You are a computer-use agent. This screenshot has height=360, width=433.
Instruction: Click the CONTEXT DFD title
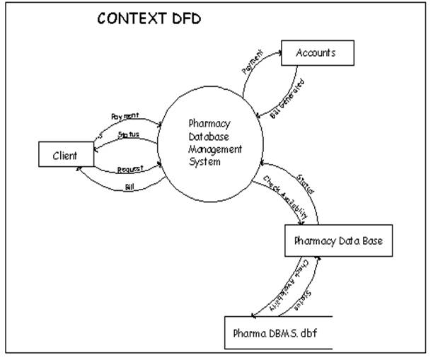[149, 19]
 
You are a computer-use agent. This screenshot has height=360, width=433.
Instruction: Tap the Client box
[67, 154]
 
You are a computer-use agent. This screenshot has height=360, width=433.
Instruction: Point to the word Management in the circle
[215, 149]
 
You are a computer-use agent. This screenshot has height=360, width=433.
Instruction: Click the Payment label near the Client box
[125, 115]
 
